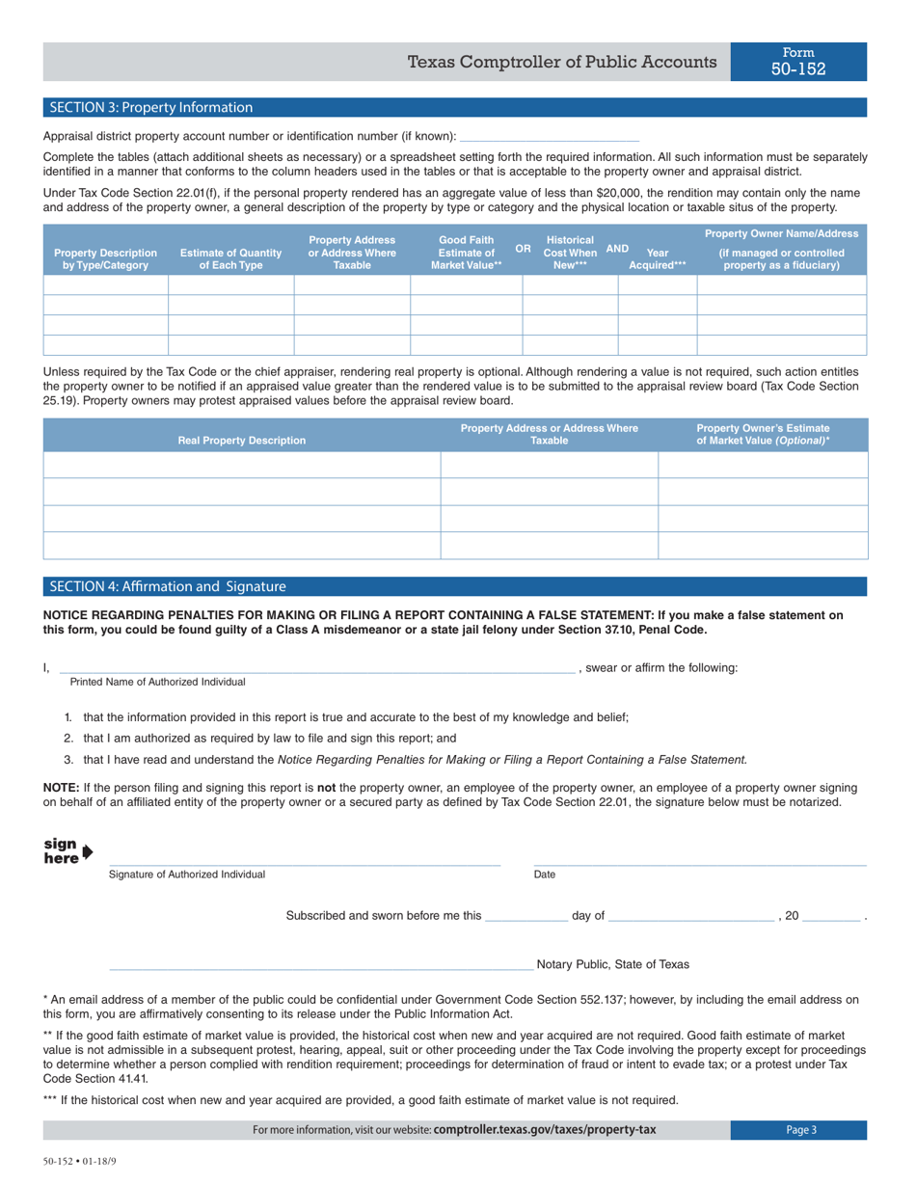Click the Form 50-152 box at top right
point(798,62)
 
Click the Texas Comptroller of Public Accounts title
point(562,63)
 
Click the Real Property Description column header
point(242,441)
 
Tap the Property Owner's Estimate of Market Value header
point(763,434)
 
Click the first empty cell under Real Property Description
point(242,466)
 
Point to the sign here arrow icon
point(88,850)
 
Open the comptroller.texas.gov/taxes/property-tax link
point(545,1130)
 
